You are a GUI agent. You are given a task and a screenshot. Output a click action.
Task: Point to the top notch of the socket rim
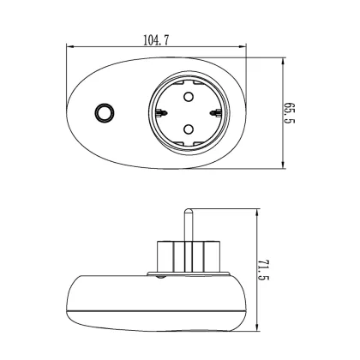(x=189, y=76)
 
